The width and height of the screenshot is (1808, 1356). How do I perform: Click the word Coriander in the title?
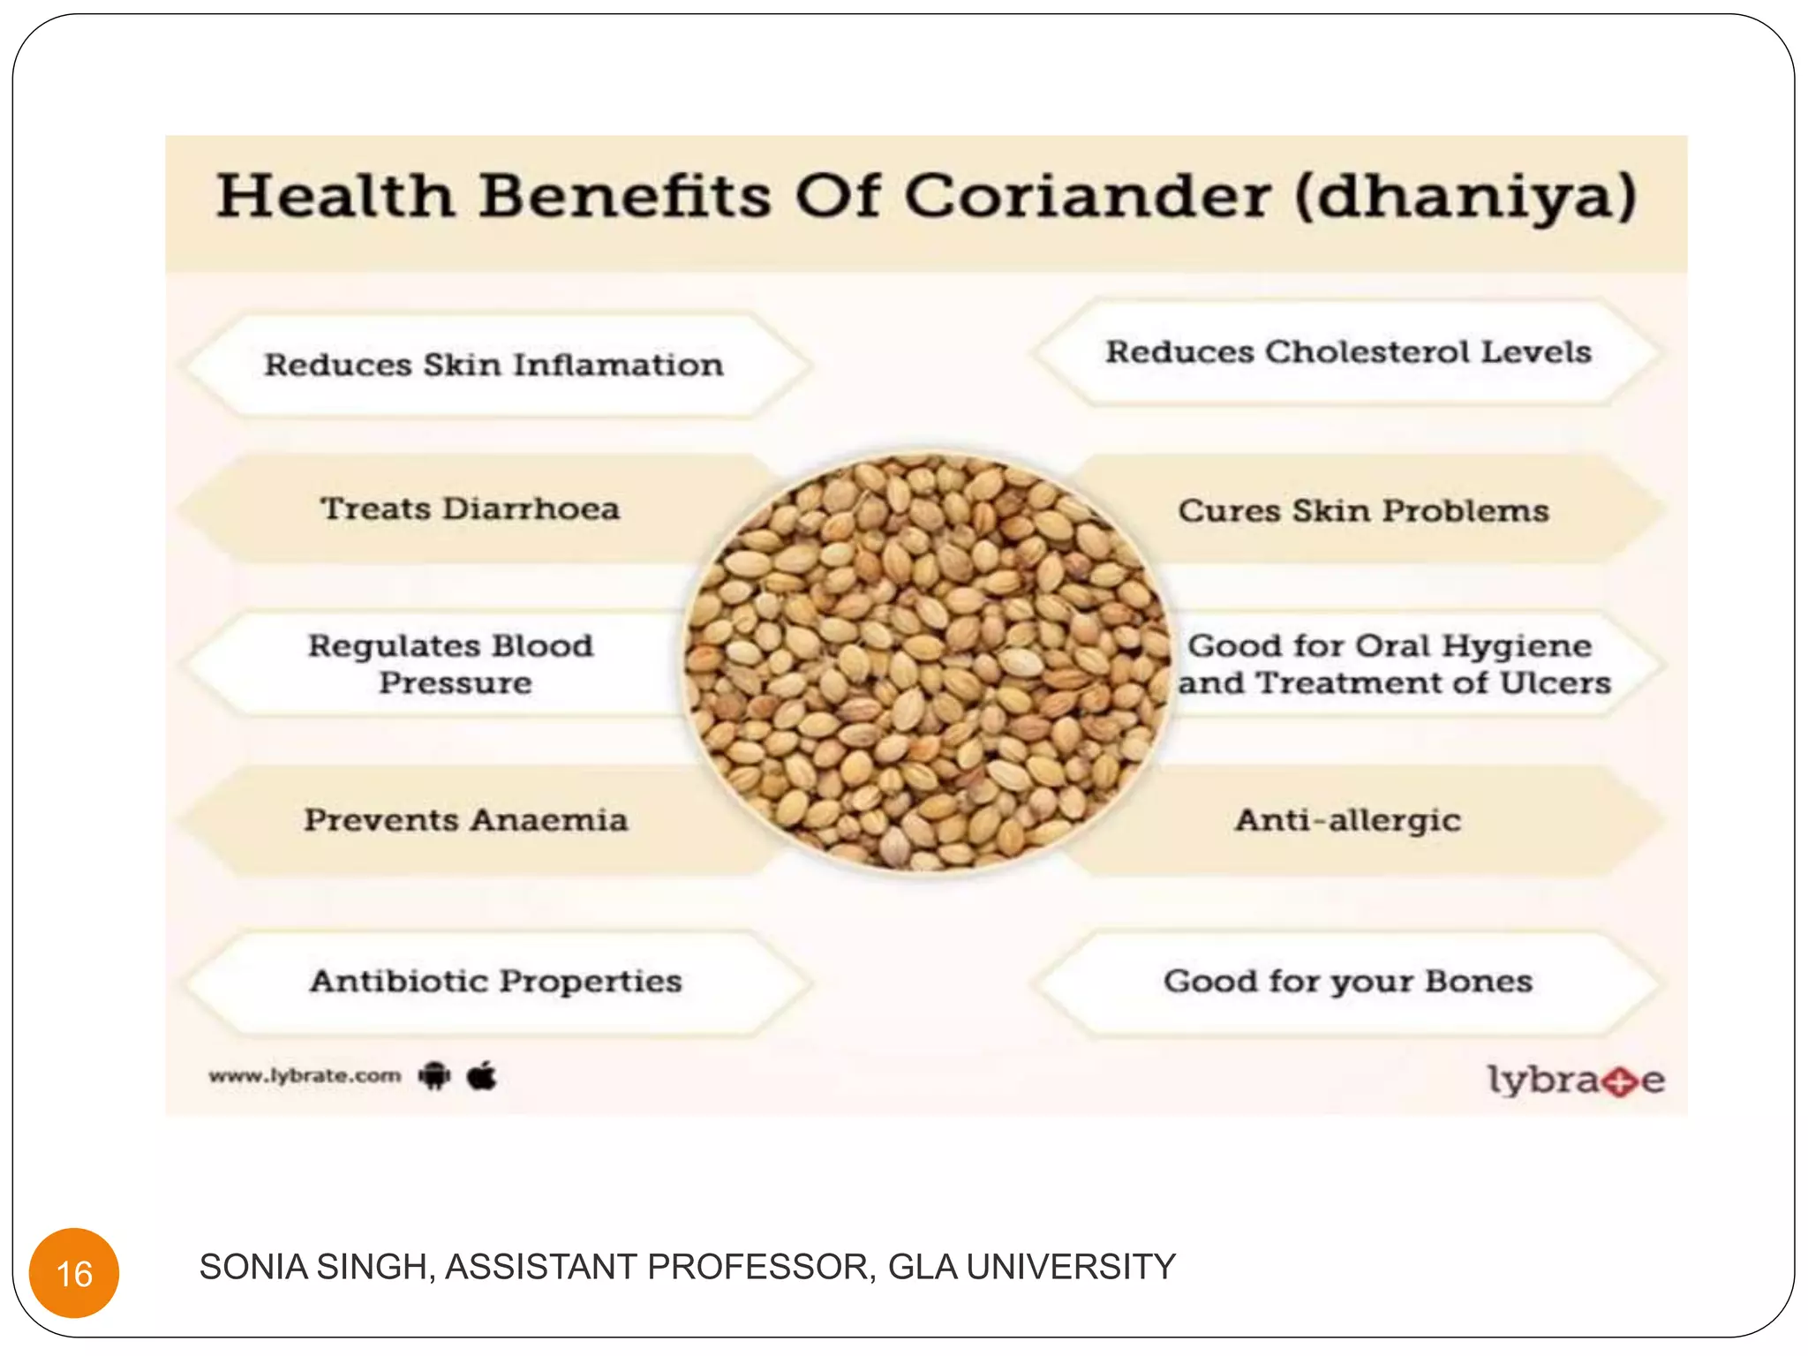point(1088,196)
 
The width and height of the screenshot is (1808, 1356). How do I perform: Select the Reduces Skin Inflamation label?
point(493,365)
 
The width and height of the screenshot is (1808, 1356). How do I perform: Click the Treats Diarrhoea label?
point(470,508)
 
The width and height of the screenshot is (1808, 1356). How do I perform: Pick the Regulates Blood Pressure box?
point(450,664)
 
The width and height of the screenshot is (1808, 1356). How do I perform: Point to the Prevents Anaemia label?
point(466,820)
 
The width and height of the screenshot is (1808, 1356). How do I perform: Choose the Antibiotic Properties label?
point(495,981)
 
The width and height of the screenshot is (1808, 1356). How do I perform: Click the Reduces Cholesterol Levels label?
point(1348,352)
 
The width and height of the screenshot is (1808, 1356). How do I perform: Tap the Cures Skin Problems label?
point(1363,511)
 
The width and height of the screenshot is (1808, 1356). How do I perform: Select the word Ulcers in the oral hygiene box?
point(1556,683)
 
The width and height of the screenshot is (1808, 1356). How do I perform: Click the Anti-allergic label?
point(1347,820)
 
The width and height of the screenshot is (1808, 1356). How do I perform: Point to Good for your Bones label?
point(1347,981)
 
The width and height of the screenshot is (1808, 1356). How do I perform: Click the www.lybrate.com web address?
point(305,1076)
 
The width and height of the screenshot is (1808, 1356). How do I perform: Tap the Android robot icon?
point(434,1076)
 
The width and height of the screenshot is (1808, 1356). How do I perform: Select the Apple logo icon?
point(482,1075)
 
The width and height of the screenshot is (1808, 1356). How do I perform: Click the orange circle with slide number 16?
point(74,1272)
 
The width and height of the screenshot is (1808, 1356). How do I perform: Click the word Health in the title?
point(336,196)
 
